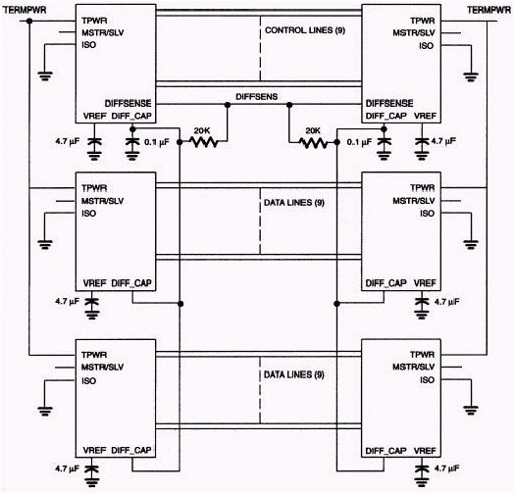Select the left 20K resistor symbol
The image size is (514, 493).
tap(203, 141)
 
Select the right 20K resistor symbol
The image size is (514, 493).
tap(312, 141)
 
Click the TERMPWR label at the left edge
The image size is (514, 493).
tap(23, 8)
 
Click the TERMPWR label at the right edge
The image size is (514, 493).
tap(490, 8)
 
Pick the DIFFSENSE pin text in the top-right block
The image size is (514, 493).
tap(388, 102)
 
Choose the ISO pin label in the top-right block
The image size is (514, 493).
tap(426, 45)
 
